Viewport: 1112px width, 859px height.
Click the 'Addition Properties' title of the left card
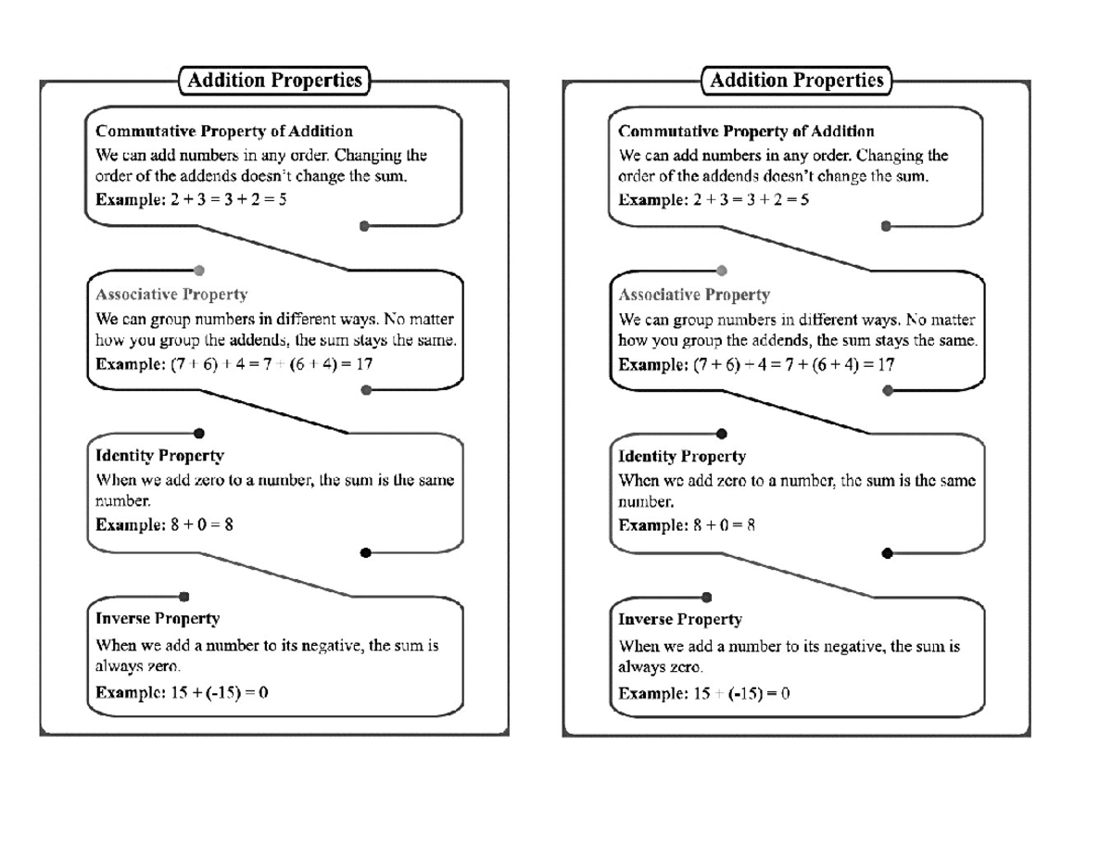[x=274, y=81]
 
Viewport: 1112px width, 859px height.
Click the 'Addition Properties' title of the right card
[x=797, y=81]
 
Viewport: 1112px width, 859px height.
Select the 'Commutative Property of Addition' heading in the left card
[x=224, y=132]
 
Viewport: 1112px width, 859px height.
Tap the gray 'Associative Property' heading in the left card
[x=171, y=295]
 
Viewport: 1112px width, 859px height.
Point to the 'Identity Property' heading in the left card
[x=159, y=456]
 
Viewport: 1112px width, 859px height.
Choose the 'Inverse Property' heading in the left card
[x=158, y=618]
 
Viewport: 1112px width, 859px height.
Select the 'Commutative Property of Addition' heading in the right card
[x=746, y=132]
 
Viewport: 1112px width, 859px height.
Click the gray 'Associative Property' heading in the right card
[x=694, y=295]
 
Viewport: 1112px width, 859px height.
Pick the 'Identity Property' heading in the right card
[x=682, y=456]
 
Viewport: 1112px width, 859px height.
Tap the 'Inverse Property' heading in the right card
[x=680, y=618]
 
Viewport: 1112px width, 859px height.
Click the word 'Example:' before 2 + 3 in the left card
[x=131, y=199]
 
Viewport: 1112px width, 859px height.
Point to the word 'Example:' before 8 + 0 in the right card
[x=653, y=525]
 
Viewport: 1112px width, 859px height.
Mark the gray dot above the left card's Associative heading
[x=199, y=271]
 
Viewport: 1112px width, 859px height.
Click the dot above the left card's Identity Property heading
[x=199, y=434]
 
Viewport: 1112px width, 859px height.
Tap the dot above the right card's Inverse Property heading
[x=707, y=597]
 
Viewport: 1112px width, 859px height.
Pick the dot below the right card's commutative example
[x=887, y=226]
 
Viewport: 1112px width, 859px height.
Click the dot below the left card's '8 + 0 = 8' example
[x=365, y=553]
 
